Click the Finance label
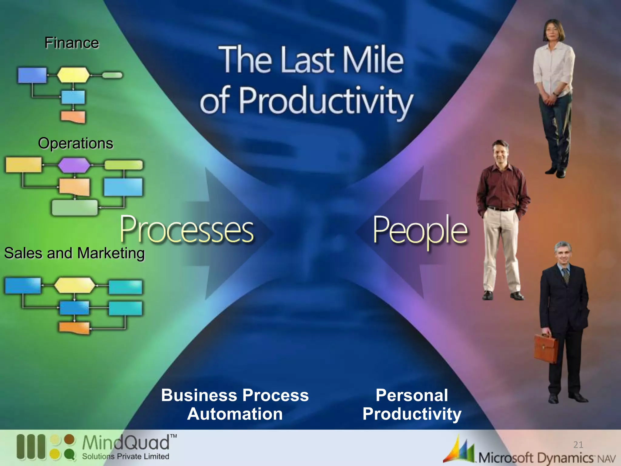point(72,43)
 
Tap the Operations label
point(76,143)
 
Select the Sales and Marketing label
point(74,253)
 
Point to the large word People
point(420,231)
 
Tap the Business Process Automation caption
point(235,404)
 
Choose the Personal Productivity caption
point(412,404)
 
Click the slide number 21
point(578,445)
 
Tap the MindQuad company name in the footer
point(126,443)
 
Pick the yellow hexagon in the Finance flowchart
point(73,75)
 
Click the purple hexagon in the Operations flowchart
point(74,165)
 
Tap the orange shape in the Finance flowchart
point(73,117)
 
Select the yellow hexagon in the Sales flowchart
point(74,285)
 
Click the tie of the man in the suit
point(566,275)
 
